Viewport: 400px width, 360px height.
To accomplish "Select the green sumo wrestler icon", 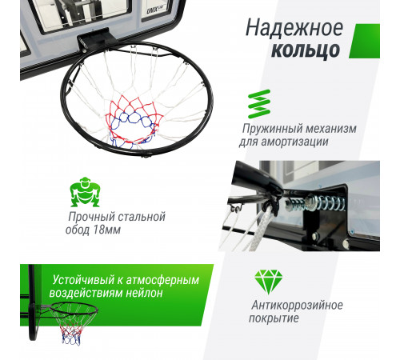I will point(85,192).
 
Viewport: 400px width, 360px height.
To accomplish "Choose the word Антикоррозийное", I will point(296,305).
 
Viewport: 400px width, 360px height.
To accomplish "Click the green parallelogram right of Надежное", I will point(364,40).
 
